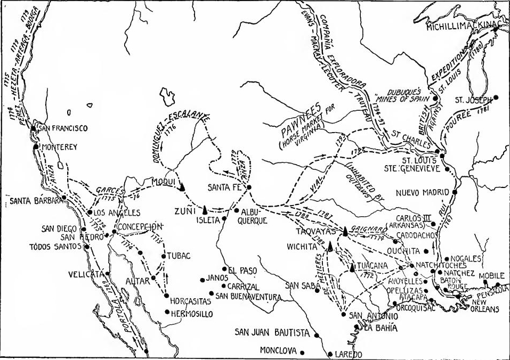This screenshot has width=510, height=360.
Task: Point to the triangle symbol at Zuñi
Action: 205,208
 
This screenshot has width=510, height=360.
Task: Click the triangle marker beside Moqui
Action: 182,186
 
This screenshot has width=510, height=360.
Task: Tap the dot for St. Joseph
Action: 496,97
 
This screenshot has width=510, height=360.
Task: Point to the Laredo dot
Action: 330,354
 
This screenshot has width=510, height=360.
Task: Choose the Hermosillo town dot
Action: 167,313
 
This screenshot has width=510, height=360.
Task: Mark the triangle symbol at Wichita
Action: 330,245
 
